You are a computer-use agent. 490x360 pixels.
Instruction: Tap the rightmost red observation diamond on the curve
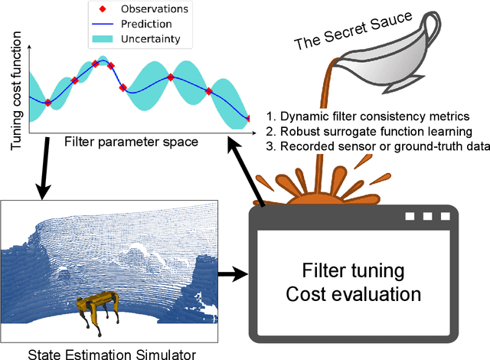coord(248,118)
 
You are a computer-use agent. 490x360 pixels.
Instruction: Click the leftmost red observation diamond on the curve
coord(47,102)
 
